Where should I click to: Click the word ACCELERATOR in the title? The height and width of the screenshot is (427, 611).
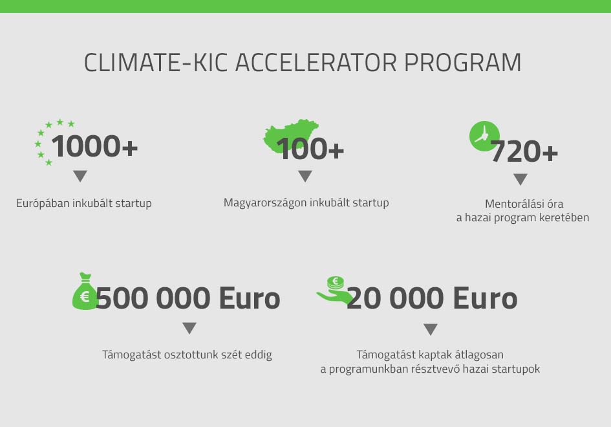click(x=316, y=62)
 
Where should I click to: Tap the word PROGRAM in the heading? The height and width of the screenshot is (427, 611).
click(x=462, y=62)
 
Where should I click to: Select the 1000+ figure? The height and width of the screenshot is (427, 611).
click(x=94, y=146)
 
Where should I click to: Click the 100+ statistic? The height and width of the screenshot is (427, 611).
click(x=310, y=149)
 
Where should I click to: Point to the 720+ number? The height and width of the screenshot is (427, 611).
click(x=524, y=151)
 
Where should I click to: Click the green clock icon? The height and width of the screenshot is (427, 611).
click(x=484, y=136)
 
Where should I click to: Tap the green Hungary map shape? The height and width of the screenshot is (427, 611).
click(x=291, y=136)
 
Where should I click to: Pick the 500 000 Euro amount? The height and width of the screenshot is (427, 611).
click(x=188, y=298)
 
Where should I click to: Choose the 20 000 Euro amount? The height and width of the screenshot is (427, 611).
click(x=432, y=298)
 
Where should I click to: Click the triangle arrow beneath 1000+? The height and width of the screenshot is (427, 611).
click(x=80, y=176)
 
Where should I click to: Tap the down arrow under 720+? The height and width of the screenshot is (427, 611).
click(x=520, y=179)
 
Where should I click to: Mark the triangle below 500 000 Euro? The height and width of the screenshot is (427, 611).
click(x=189, y=328)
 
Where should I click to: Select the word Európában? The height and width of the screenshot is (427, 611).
click(x=43, y=203)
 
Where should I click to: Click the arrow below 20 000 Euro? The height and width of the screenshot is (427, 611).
click(x=430, y=329)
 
